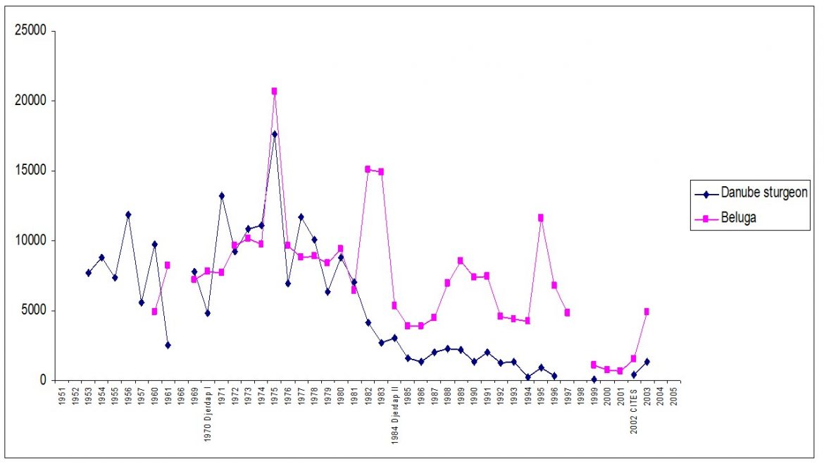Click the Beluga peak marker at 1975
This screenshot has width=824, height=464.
coord(274,91)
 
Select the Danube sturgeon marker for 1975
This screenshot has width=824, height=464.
coord(274,134)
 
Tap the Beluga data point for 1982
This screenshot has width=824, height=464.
coord(368,169)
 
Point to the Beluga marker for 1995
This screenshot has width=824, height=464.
coord(541,218)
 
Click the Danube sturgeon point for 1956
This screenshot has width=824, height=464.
coord(128,214)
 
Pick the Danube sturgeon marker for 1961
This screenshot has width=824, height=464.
coord(168,345)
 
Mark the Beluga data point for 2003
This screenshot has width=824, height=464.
coord(647,312)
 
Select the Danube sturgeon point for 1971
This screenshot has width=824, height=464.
coord(221,195)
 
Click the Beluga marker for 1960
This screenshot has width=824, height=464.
coord(154,312)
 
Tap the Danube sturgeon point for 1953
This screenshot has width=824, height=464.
coord(88,273)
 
